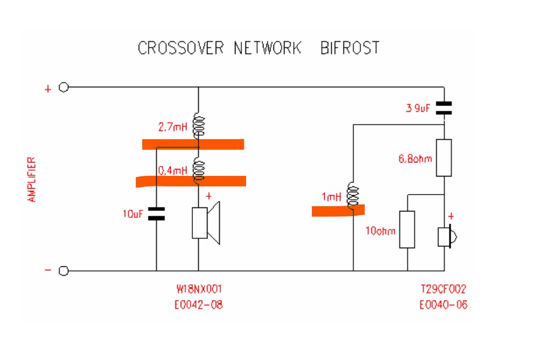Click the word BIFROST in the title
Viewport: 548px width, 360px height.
(350, 48)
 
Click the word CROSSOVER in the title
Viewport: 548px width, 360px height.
(180, 48)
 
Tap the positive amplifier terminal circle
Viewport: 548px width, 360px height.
(64, 87)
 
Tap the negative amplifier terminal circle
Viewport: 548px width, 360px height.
(64, 271)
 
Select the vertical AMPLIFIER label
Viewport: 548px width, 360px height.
(33, 179)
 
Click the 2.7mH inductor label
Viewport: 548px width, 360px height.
(173, 127)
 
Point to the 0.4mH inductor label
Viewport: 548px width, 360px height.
(173, 171)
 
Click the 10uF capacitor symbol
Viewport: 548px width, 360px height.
(156, 214)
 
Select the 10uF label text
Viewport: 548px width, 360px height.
(133, 214)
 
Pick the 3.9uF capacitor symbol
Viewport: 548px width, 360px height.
(444, 108)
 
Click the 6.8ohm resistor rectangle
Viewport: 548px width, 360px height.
(444, 158)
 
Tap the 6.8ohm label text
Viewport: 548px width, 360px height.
(416, 157)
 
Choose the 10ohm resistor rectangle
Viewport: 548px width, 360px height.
(407, 230)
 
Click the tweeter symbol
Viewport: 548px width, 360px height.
(447, 237)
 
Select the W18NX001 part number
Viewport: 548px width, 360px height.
(199, 289)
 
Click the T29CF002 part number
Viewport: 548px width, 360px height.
(442, 289)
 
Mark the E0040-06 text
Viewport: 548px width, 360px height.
(442, 305)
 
